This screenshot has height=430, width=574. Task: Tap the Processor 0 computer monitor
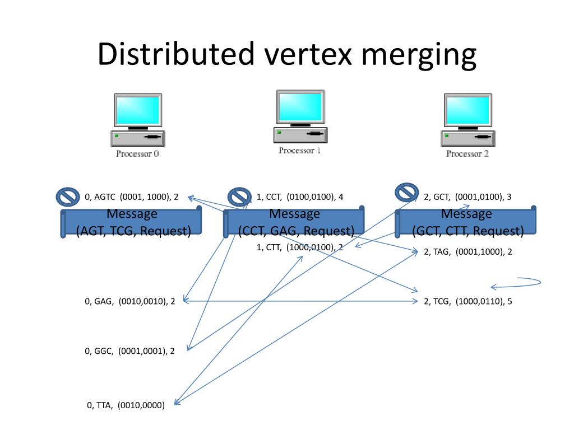tap(137, 110)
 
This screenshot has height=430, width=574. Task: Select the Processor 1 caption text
tap(300, 151)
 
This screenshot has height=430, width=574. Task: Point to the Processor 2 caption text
tap(467, 153)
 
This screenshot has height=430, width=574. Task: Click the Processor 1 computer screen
tap(300, 107)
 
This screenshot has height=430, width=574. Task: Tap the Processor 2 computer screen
tap(467, 110)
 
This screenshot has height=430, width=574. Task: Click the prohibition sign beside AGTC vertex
tap(68, 197)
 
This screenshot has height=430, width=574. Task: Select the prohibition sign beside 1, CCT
tap(240, 197)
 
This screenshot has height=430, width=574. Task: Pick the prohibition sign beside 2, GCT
tap(407, 193)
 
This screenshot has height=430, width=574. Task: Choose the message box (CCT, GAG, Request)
tap(294, 222)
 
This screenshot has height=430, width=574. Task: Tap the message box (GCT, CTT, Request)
tap(466, 222)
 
